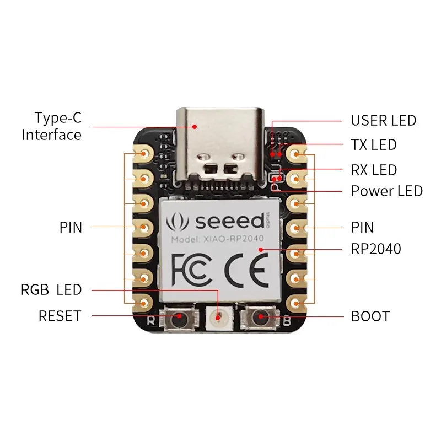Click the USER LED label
pyautogui.click(x=383, y=120)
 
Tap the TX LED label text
pyautogui.click(x=374, y=145)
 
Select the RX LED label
pyautogui.click(x=374, y=170)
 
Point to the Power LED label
pyautogui.click(x=387, y=191)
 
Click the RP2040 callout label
pyautogui.click(x=376, y=249)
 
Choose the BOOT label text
pyautogui.click(x=370, y=316)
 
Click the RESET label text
pyautogui.click(x=60, y=316)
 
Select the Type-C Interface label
pyautogui.click(x=51, y=126)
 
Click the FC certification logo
pyautogui.click(x=191, y=269)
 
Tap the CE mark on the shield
pyautogui.click(x=246, y=270)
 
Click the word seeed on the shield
pyautogui.click(x=230, y=221)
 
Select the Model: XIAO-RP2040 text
pyautogui.click(x=217, y=239)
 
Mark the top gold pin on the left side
pyautogui.click(x=143, y=154)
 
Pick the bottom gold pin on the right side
pyautogui.click(x=296, y=303)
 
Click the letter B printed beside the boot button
pyautogui.click(x=286, y=320)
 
